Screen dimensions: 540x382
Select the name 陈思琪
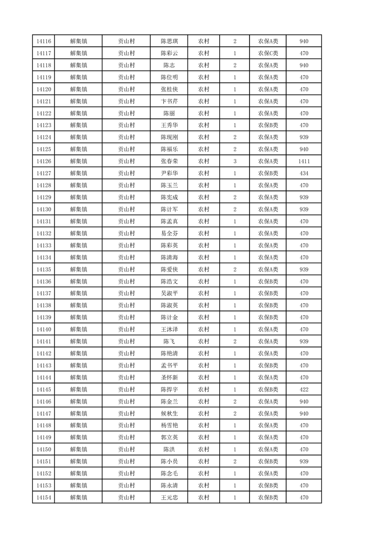tap(169, 41)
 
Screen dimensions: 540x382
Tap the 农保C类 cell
tap(268, 53)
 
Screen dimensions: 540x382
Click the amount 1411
tap(303, 161)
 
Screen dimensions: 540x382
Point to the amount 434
tap(303, 173)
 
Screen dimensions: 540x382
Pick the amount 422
tap(303, 389)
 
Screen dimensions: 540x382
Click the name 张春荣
tap(169, 161)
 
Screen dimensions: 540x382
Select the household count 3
tap(235, 161)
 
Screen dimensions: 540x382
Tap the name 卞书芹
tap(169, 102)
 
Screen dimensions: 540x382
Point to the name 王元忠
tap(169, 497)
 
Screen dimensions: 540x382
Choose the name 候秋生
tap(169, 413)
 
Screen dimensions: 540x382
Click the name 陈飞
tap(169, 341)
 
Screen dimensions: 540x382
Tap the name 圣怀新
tap(169, 377)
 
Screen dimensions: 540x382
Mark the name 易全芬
tap(169, 233)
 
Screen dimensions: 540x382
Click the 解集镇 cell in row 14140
tap(78, 329)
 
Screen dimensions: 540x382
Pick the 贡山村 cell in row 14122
tap(126, 114)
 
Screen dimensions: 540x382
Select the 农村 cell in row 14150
tap(203, 450)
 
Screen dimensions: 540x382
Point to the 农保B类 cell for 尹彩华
tap(268, 173)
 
